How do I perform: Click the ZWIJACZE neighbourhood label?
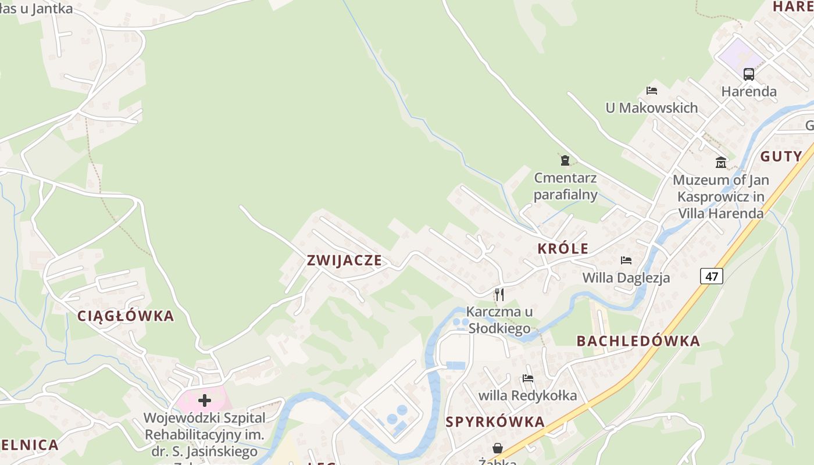pyautogui.click(x=344, y=260)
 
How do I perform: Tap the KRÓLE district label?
pyautogui.click(x=563, y=249)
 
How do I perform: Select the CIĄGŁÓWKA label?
pyautogui.click(x=126, y=316)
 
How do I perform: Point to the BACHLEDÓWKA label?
pyautogui.click(x=638, y=341)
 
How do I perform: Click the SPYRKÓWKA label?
pyautogui.click(x=495, y=422)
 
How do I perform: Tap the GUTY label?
pyautogui.click(x=781, y=156)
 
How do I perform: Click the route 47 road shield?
pyautogui.click(x=712, y=276)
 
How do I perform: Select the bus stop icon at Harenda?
pyautogui.click(x=748, y=74)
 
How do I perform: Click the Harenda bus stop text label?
pyautogui.click(x=749, y=91)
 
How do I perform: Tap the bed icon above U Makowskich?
pyautogui.click(x=652, y=91)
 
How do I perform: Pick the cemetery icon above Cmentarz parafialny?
pyautogui.click(x=565, y=160)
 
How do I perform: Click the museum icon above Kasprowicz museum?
pyautogui.click(x=721, y=162)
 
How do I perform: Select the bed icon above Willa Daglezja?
pyautogui.click(x=626, y=260)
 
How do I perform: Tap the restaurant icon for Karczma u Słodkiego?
pyautogui.click(x=499, y=295)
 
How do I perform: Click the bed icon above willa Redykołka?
pyautogui.click(x=528, y=378)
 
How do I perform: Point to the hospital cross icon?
pyautogui.click(x=204, y=400)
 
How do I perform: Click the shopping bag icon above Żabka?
pyautogui.click(x=498, y=448)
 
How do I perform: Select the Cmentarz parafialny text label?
pyautogui.click(x=566, y=186)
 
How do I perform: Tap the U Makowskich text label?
pyautogui.click(x=651, y=108)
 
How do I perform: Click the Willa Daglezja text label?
pyautogui.click(x=626, y=278)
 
